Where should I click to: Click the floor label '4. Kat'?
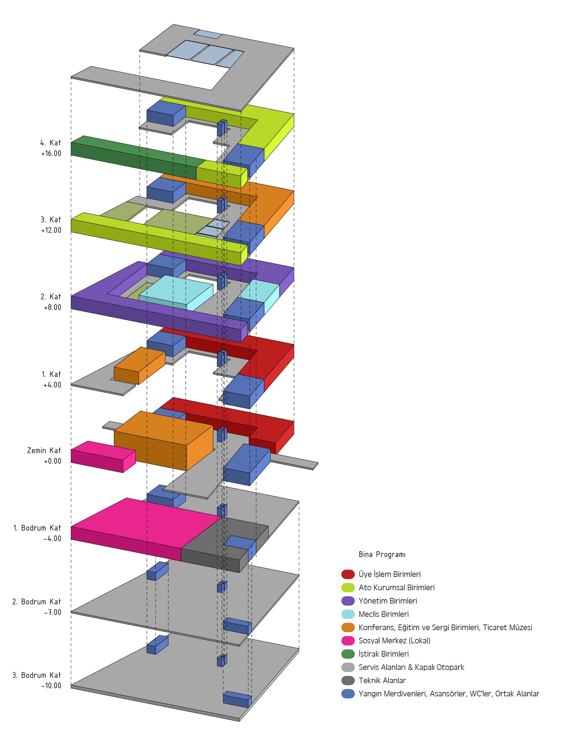click(51, 143)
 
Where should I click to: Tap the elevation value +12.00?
click(51, 230)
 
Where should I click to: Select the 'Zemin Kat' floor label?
click(44, 450)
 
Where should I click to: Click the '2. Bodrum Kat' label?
click(36, 601)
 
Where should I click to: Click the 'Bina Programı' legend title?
click(382, 554)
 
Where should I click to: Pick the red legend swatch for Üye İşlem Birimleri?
click(348, 574)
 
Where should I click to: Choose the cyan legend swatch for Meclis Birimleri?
click(348, 614)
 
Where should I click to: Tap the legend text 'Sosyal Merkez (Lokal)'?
click(394, 640)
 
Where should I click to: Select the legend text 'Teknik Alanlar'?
click(382, 680)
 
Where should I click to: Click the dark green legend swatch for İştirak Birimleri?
click(348, 654)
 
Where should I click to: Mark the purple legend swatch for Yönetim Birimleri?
click(348, 601)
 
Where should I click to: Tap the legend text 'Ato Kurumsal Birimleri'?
click(396, 587)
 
